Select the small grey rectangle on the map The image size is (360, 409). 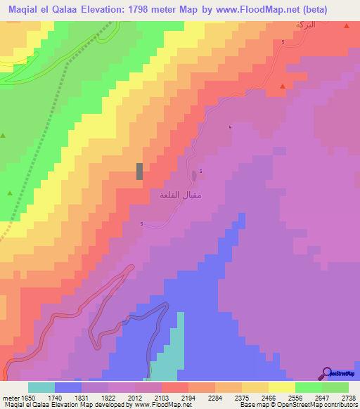(x=139, y=171)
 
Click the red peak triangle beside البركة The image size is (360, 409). (x=347, y=26)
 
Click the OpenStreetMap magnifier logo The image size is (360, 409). (x=327, y=372)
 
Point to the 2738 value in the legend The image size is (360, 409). (x=348, y=397)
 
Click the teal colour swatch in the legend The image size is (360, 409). (x=41, y=387)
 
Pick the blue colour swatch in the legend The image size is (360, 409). (x=68, y=387)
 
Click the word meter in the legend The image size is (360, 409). (x=10, y=397)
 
